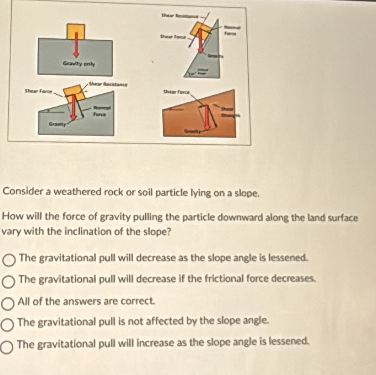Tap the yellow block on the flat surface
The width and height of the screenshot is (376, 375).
[76, 31]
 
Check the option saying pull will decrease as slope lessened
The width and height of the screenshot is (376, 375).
[9, 260]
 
